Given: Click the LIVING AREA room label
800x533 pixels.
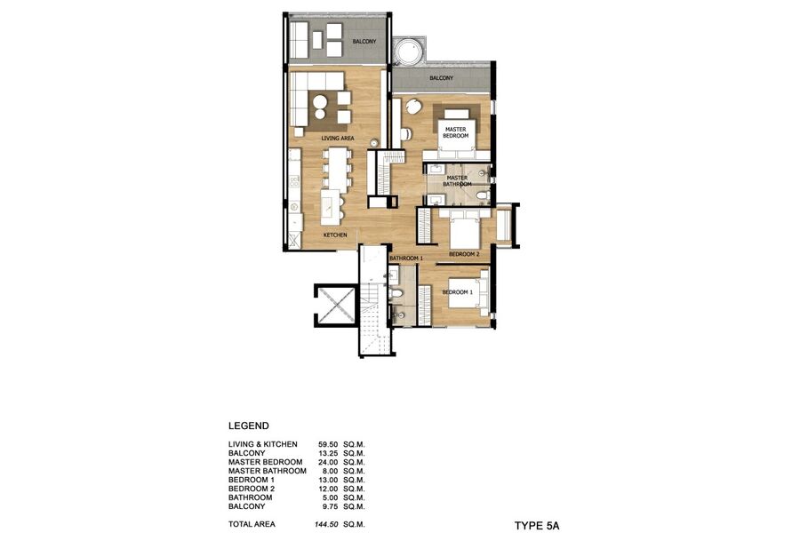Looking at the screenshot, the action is coord(337,139).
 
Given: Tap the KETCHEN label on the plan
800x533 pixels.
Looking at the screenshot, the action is coord(335,235).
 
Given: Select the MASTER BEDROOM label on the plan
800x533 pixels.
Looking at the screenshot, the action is coord(456,132).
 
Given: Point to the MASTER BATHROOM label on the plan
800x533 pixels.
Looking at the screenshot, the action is coord(457,181).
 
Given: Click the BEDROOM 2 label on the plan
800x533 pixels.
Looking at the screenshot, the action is coord(464,254).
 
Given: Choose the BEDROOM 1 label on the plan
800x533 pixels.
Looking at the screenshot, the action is coord(457,292).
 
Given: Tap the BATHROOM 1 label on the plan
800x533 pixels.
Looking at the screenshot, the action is coord(405,259).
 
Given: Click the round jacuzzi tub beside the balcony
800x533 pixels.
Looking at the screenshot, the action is coord(408,52).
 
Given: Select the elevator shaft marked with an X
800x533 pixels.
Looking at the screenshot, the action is coord(335,306).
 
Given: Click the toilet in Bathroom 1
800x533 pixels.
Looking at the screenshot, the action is coord(396,293).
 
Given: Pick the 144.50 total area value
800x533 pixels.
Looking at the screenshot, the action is coord(325,524).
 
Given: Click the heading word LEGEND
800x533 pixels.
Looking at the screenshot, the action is coord(249,426).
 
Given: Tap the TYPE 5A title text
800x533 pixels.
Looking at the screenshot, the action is coord(537,526).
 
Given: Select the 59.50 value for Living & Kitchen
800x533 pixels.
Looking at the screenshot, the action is coord(327,444).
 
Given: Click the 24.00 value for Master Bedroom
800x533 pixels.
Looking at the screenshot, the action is coord(327,462).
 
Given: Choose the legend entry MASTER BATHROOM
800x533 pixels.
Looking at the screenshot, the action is coord(268,472).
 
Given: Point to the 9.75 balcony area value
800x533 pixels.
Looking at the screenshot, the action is coord(329,506).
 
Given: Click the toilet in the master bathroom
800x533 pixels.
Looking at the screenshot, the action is coord(482,195).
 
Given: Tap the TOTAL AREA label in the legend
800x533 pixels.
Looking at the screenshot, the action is coord(252,524).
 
